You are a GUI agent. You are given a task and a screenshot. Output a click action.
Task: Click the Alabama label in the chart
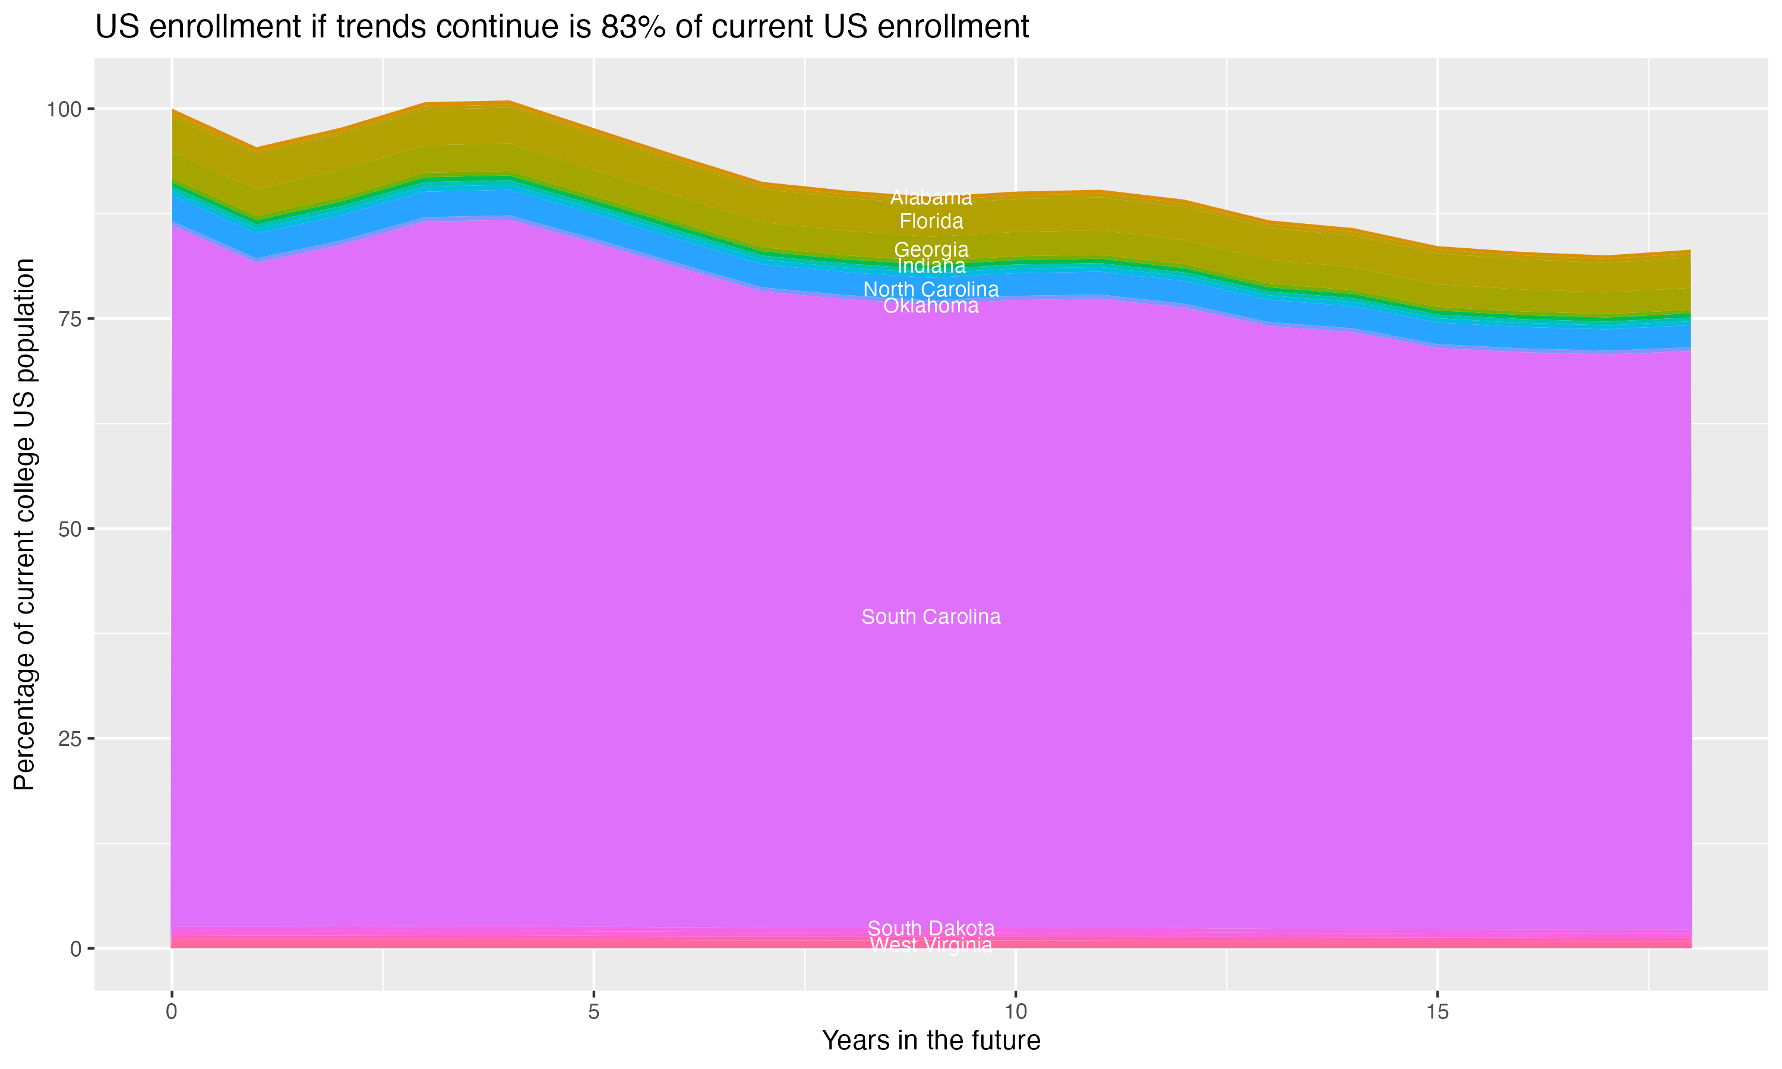click(931, 197)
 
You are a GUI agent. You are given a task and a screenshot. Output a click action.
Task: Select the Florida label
click(931, 221)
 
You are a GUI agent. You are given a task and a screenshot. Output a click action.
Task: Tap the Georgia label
click(931, 250)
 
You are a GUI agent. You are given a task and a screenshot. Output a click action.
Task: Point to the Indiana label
click(931, 266)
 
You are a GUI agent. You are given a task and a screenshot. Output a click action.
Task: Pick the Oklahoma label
click(931, 306)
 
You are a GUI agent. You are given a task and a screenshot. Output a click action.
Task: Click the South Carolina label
click(931, 617)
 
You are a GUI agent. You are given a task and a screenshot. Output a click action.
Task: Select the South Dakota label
click(931, 928)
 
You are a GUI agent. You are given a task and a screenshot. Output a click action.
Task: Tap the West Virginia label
click(931, 945)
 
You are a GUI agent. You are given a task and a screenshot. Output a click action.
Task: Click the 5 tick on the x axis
click(593, 1012)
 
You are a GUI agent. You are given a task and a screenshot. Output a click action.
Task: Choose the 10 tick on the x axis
click(1015, 1012)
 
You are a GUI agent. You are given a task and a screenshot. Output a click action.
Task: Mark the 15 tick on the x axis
click(1437, 1012)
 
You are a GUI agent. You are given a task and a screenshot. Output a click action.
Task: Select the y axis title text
click(24, 524)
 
